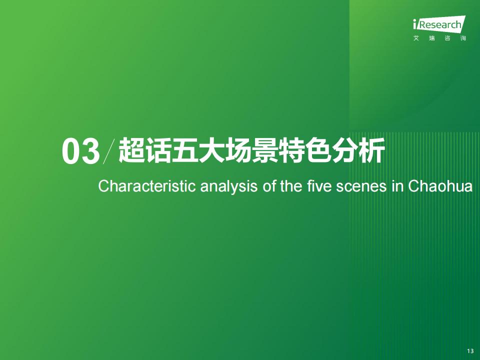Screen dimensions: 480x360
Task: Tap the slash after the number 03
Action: point(109,151)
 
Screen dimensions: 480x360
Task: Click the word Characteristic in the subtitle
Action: point(147,186)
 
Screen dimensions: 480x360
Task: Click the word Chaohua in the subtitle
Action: point(440,186)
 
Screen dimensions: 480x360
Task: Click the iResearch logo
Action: point(438,24)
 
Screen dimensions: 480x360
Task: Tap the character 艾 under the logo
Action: point(416,38)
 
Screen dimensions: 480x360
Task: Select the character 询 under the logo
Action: point(463,38)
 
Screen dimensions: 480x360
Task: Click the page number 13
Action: point(470,351)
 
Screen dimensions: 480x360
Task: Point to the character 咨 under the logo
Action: point(447,38)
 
